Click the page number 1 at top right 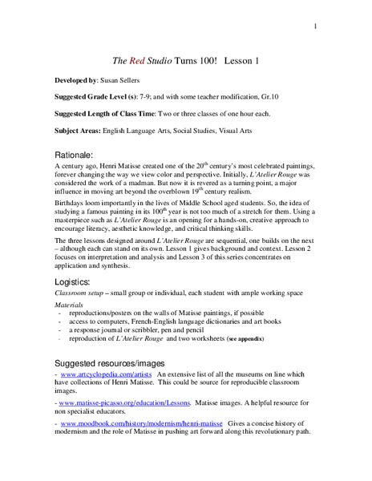coord(317,27)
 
